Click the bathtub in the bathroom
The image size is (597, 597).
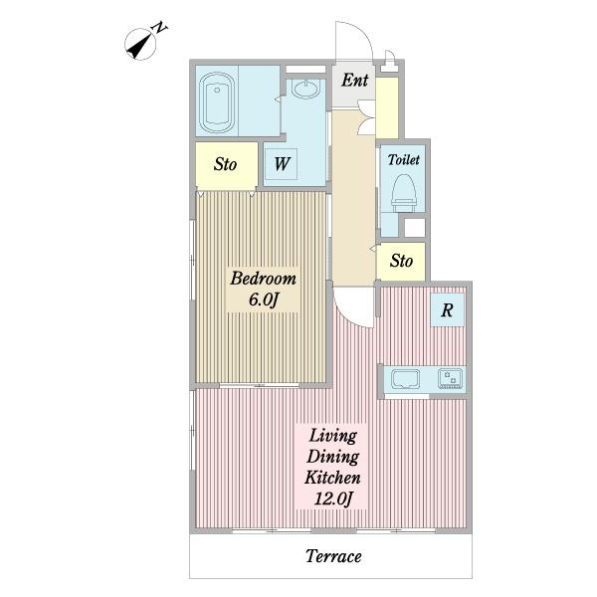click(x=217, y=102)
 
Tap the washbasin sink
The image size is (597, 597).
click(x=305, y=90)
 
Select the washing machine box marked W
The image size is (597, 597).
click(x=281, y=164)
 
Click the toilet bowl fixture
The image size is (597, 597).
click(x=404, y=193)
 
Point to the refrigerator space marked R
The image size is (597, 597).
click(x=448, y=309)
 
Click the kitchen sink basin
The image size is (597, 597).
click(x=406, y=379)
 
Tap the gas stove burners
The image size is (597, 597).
click(x=450, y=378)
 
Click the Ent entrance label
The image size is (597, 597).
click(x=355, y=81)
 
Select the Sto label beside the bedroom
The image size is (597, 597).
click(x=225, y=164)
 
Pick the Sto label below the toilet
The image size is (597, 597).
click(x=401, y=261)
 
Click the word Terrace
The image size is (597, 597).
click(x=333, y=556)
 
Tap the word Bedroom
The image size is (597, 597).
click(x=263, y=279)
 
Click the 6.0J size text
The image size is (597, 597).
click(x=263, y=299)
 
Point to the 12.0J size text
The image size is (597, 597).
click(x=333, y=498)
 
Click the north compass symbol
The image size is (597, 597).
click(x=140, y=45)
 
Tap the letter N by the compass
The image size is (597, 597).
click(x=160, y=28)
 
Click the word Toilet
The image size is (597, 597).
click(x=404, y=159)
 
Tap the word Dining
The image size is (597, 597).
click(x=332, y=456)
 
